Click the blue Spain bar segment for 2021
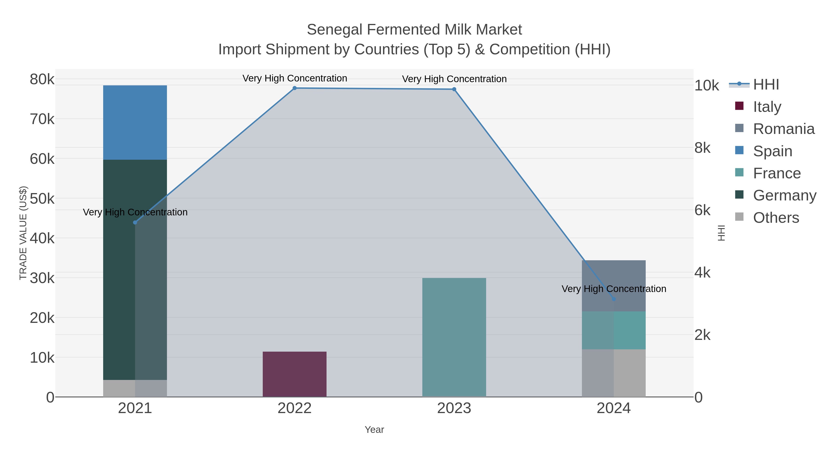tap(135, 122)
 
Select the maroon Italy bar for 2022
tap(295, 374)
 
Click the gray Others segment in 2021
tap(135, 388)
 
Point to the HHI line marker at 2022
tap(295, 88)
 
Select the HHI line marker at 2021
tap(135, 223)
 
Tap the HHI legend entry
tap(766, 85)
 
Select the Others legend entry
tap(776, 218)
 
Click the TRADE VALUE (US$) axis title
tap(23, 233)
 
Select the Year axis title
tap(374, 430)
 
